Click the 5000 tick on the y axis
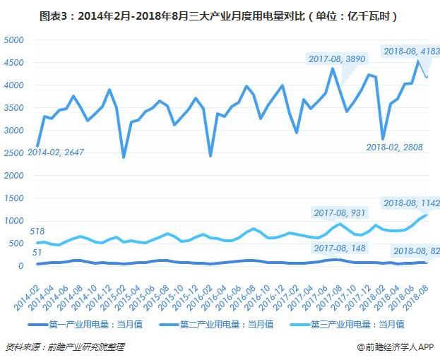(x=13, y=40)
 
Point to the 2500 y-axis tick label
(x=13, y=153)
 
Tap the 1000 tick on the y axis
(x=13, y=221)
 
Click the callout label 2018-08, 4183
(x=409, y=51)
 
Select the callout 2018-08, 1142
(x=409, y=203)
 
